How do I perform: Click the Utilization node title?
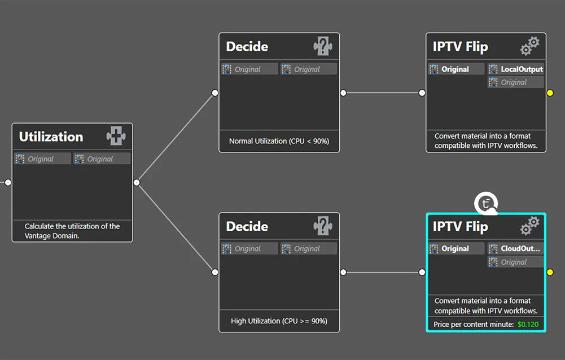tap(51, 137)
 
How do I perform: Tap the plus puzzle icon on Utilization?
tap(116, 136)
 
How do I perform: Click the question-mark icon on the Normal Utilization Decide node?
tap(322, 46)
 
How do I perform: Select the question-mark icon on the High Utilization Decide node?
tap(322, 226)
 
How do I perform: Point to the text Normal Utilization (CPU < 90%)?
tap(279, 141)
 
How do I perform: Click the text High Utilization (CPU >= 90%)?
tap(279, 321)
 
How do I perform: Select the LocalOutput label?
tap(522, 69)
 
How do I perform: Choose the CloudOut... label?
tap(520, 249)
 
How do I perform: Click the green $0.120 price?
tap(528, 324)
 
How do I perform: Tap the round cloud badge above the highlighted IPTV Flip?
tap(486, 204)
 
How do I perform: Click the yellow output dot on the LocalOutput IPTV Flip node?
tap(550, 93)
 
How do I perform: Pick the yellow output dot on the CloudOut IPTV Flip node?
tap(550, 272)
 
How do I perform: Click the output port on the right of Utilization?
tap(137, 183)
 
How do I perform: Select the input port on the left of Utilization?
tap(8, 183)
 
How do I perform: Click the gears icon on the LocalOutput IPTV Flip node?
tap(529, 46)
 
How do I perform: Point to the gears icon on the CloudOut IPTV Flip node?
tap(529, 226)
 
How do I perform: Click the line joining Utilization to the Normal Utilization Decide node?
tap(176, 138)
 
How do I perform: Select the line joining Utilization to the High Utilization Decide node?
tap(176, 227)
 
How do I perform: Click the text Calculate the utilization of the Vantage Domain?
tap(72, 231)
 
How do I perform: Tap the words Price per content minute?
tap(474, 324)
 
